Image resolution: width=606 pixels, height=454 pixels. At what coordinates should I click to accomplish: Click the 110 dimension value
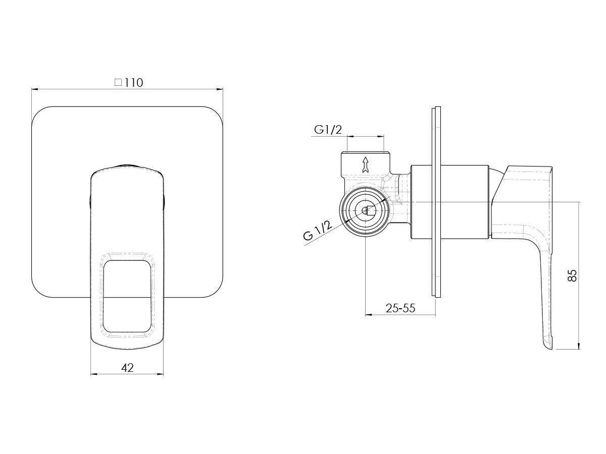134,83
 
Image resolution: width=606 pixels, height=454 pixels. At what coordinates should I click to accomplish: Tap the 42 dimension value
127,368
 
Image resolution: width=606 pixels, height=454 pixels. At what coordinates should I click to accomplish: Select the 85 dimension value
572,275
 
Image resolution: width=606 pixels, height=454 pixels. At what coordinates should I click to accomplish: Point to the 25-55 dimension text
400,308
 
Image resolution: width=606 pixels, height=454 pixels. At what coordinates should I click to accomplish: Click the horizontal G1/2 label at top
328,129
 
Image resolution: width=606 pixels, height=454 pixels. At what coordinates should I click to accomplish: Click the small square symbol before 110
118,82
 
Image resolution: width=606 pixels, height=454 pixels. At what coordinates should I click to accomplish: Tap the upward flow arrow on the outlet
366,164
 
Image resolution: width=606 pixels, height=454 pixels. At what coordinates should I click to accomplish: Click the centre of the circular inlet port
365,211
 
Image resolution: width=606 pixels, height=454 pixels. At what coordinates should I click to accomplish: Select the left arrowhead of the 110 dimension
35,89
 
